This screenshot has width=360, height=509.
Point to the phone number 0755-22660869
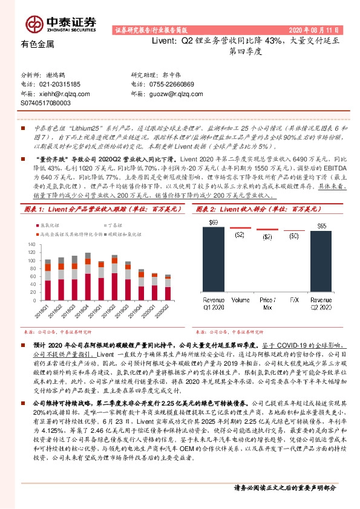(172, 85)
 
